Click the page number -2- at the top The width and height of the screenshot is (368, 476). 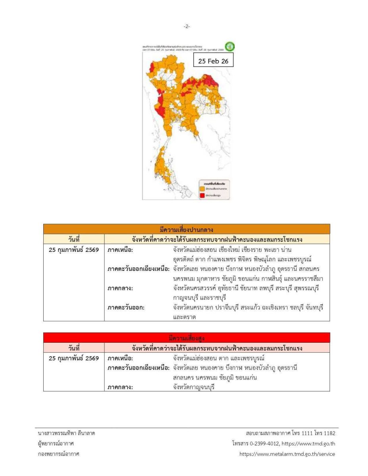pyautogui.click(x=187, y=26)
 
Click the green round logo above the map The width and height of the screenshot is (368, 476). pyautogui.click(x=229, y=46)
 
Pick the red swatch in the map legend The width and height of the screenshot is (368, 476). pyautogui.click(x=202, y=195)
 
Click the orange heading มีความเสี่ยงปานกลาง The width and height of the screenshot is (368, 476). pyautogui.click(x=187, y=229)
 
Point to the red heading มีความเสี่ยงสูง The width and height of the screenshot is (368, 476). pyautogui.click(x=187, y=338)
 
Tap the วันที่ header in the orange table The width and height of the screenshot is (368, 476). pyautogui.click(x=74, y=239)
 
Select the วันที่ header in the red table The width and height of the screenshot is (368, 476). pyautogui.click(x=74, y=348)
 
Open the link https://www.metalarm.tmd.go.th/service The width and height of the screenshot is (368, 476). pyautogui.click(x=287, y=454)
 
